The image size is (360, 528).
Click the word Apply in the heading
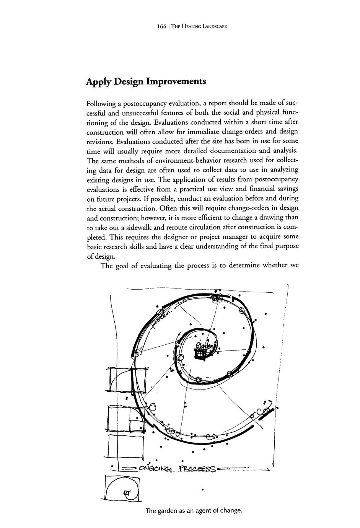coord(99,82)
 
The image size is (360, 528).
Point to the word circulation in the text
coord(208,227)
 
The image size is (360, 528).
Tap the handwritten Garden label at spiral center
coord(204,346)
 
